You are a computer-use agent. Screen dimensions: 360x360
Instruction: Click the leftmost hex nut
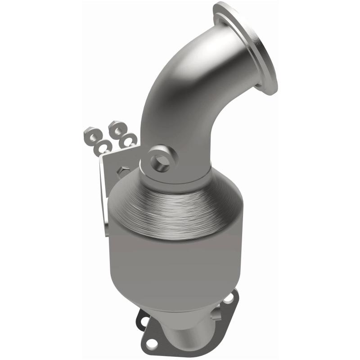(x=89, y=135)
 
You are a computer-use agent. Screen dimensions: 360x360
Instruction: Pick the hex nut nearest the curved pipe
(x=118, y=127)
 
